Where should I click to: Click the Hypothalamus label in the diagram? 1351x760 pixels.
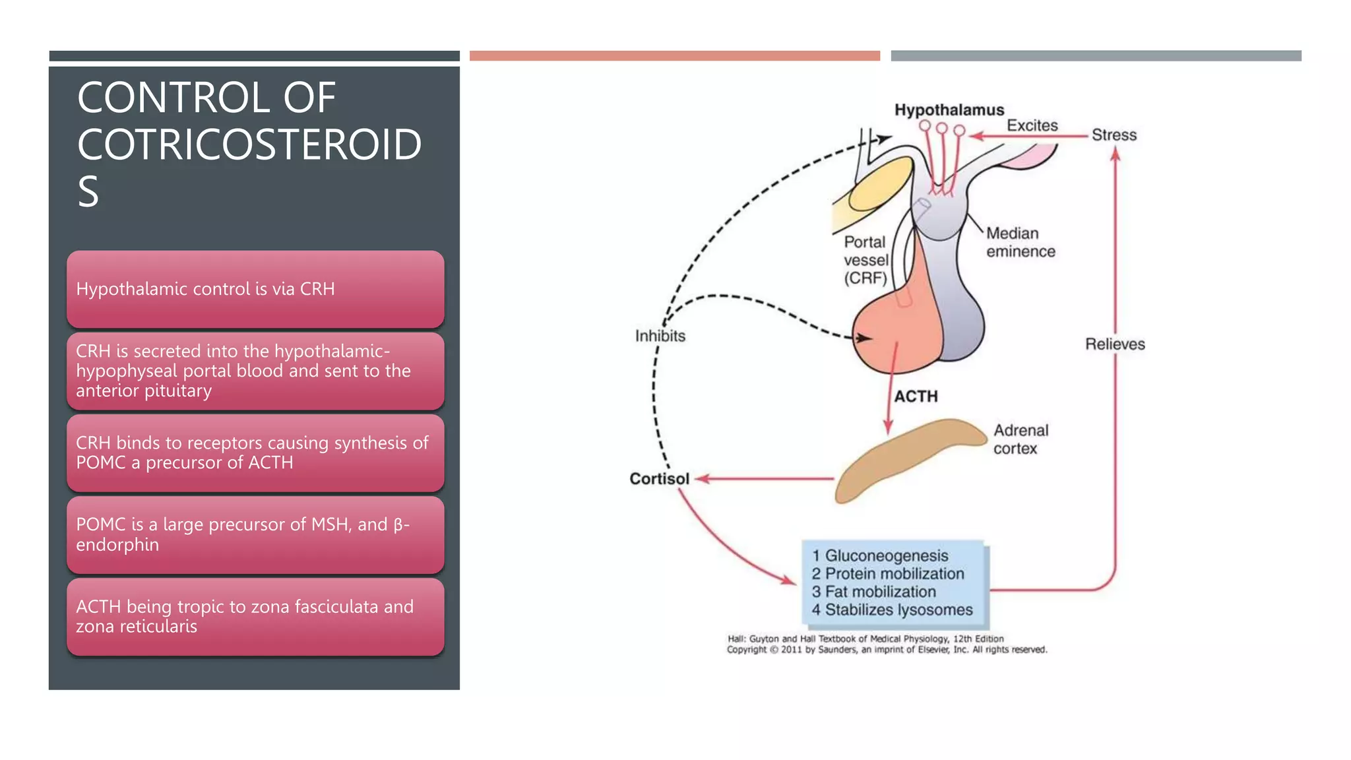click(x=949, y=110)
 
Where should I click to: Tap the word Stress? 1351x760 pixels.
click(x=1114, y=135)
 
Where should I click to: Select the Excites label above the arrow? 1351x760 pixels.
click(x=1032, y=125)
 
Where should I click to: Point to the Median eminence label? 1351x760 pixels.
click(x=1020, y=242)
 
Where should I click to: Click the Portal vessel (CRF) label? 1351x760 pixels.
click(x=866, y=260)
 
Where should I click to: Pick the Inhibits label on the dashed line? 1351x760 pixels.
click(x=660, y=336)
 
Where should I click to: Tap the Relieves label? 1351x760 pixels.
click(x=1115, y=344)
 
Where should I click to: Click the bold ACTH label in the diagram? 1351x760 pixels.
click(x=916, y=396)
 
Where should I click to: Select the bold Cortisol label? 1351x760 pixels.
click(x=659, y=479)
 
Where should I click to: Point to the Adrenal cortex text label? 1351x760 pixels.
click(x=1020, y=439)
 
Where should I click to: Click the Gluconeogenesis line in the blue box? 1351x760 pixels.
click(x=880, y=556)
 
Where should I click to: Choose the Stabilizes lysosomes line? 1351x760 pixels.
click(x=892, y=610)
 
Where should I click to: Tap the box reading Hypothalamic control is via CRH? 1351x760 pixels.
click(x=255, y=289)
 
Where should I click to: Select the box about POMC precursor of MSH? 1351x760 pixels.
click(x=255, y=534)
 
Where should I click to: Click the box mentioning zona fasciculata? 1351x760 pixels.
click(x=255, y=616)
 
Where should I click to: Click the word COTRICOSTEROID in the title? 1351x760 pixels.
click(x=249, y=144)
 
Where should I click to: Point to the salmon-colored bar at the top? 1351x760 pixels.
click(x=674, y=56)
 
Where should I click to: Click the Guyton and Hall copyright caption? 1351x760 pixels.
click(x=886, y=644)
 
